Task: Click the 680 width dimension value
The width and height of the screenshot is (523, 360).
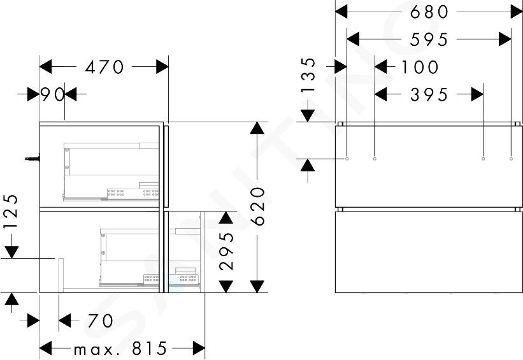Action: coord(429,12)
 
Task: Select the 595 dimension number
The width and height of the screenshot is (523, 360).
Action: coord(429,40)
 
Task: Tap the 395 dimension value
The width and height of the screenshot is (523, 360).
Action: coord(429,95)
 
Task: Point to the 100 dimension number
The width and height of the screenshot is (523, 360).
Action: coord(420,67)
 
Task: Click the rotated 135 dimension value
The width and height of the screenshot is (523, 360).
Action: coord(308,75)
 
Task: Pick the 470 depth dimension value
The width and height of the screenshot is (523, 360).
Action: coord(104,67)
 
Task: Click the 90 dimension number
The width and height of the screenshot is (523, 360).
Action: coord(52,94)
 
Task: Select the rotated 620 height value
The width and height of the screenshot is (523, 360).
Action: coord(258,206)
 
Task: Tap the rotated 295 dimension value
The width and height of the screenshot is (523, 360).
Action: coord(227,251)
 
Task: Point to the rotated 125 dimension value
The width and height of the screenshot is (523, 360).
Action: coord(11,211)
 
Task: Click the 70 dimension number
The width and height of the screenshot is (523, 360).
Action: coord(101,320)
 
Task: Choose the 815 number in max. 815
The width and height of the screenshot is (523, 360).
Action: coord(150,349)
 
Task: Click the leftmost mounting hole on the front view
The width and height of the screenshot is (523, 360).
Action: coord(347,159)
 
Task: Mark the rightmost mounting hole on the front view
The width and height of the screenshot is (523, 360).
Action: coord(511,159)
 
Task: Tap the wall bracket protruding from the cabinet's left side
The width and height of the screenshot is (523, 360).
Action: coord(32,159)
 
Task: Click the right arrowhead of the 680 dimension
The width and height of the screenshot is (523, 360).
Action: coord(517,12)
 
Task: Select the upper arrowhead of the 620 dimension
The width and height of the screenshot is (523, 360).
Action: coord(257,128)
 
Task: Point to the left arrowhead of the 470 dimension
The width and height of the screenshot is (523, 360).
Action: coord(46,67)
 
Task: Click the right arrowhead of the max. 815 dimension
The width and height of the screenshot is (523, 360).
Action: coord(199,349)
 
